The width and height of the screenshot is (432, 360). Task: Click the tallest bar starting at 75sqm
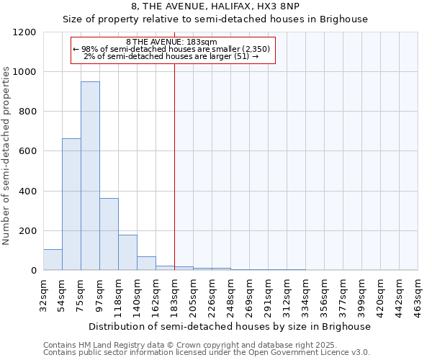point(90,176)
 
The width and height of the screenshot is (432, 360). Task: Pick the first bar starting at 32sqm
point(53,260)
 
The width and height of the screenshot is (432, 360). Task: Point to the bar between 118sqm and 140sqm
point(127,252)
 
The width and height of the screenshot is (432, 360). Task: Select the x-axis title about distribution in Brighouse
point(230,326)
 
